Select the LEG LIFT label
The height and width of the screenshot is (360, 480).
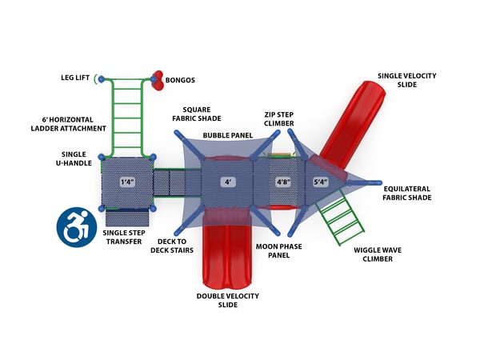coord(77,78)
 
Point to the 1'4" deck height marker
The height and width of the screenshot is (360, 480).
coord(127,182)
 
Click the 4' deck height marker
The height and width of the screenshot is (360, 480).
coord(229,182)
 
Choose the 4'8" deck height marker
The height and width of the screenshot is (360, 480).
coord(283,182)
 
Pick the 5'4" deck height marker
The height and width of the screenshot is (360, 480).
coord(321,182)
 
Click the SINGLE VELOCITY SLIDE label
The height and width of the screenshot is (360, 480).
coord(406,81)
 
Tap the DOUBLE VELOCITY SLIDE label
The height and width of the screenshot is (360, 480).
coord(228,301)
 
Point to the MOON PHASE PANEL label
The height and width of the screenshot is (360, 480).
coord(279,251)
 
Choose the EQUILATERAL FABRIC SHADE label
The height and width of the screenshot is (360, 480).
coord(406,193)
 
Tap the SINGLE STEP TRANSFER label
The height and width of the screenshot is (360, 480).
coord(123,238)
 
